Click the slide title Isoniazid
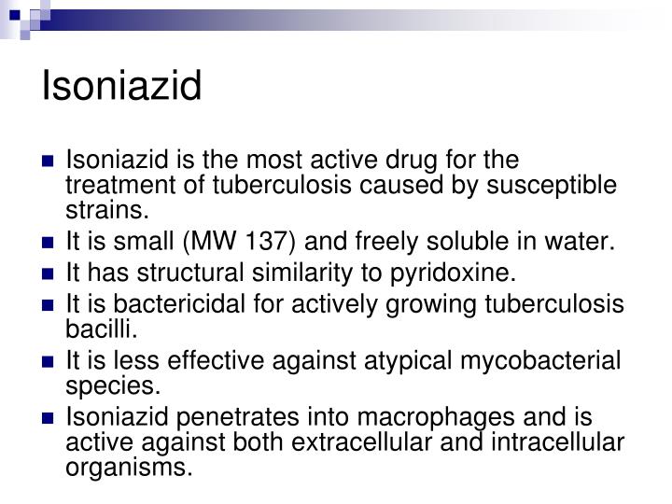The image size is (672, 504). point(121,88)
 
